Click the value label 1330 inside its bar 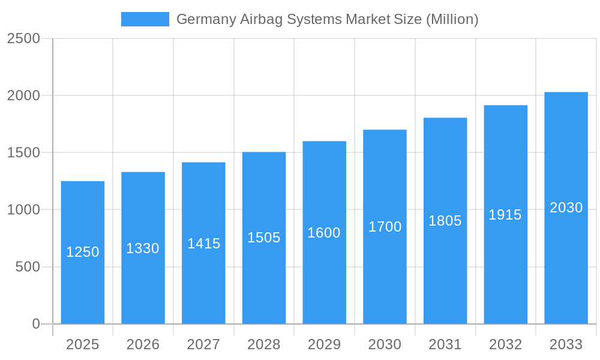tap(143, 248)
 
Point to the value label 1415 tap(203, 244)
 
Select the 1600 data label tap(324, 233)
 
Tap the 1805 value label tap(445, 221)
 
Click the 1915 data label tap(505, 215)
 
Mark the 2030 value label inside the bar tap(566, 208)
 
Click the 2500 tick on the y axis tap(23, 38)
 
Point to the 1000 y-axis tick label tap(23, 210)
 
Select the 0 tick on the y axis tap(35, 324)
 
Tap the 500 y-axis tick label tap(28, 267)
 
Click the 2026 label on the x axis tap(143, 344)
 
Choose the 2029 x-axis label tap(324, 344)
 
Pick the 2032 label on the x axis tap(505, 344)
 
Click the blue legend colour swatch tap(145, 19)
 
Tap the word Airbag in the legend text tap(261, 19)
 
